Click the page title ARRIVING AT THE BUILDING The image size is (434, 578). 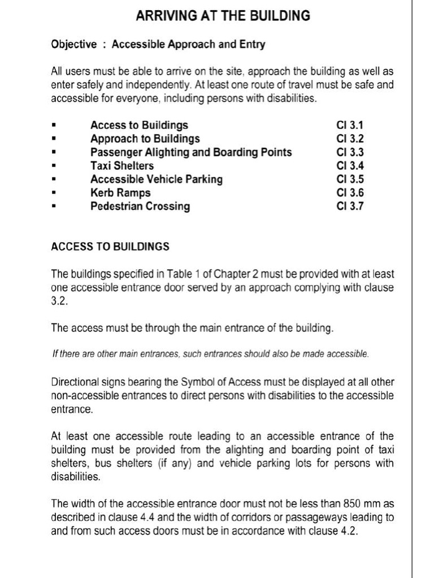pos(223,16)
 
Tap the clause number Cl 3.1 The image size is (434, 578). pos(350,125)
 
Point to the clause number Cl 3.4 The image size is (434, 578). pos(350,165)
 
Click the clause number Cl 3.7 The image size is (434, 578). pos(350,206)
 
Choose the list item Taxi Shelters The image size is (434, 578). pos(121,165)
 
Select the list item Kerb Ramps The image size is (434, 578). pos(120,192)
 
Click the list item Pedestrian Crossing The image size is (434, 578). pos(140,206)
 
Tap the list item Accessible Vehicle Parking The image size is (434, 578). pos(157,179)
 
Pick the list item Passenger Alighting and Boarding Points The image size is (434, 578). pos(191,152)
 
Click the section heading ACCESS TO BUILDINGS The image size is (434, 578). pos(110,247)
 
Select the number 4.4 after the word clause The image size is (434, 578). pos(154,517)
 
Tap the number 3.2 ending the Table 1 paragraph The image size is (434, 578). pos(59,301)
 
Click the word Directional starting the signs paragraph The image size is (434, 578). pos(75,382)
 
